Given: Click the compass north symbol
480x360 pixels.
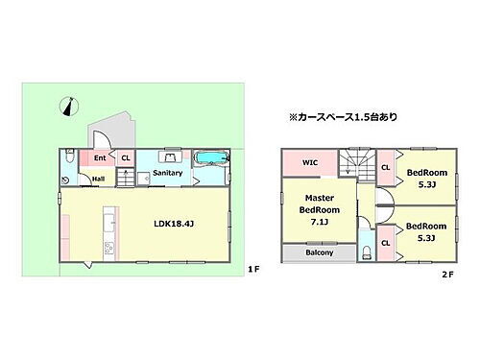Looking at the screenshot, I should click(x=65, y=107).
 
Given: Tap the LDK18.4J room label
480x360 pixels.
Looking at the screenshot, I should click(x=174, y=225).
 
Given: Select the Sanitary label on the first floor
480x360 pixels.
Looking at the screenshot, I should click(x=167, y=173).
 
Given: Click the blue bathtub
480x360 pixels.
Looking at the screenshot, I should click(x=209, y=158).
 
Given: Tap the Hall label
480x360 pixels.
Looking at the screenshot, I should click(x=98, y=178).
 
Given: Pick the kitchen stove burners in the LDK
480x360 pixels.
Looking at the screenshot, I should click(x=108, y=249).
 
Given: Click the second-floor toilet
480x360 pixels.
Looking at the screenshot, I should click(x=367, y=253).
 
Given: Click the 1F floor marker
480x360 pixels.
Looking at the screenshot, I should click(x=252, y=269).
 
